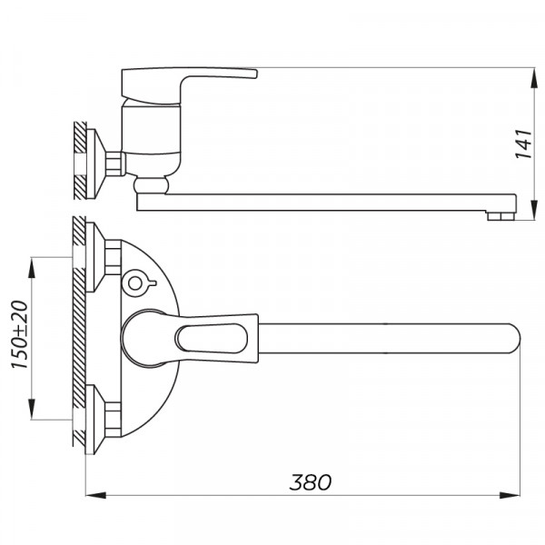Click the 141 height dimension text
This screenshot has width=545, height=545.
point(522,143)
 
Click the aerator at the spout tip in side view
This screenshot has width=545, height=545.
point(498,215)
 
